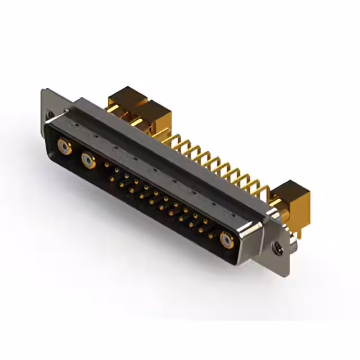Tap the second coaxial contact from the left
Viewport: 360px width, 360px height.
(88, 161)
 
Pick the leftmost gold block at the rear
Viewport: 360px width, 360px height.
(126, 98)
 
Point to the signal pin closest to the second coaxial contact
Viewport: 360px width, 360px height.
(106, 165)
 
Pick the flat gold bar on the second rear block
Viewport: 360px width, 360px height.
(137, 121)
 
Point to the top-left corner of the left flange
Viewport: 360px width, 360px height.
(43, 89)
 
